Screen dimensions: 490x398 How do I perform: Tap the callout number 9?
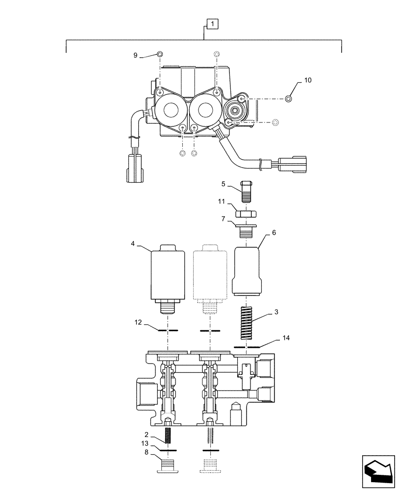(136, 55)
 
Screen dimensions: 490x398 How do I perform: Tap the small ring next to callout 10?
(289, 99)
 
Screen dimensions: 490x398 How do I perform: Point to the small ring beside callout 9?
(160, 54)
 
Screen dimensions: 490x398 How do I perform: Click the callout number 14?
(286, 338)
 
